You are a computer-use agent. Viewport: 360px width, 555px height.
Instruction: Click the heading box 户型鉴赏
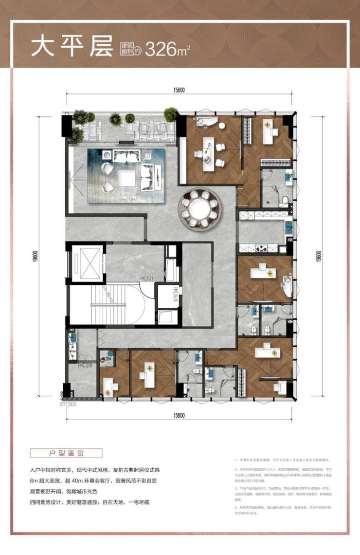click(x=66, y=452)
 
